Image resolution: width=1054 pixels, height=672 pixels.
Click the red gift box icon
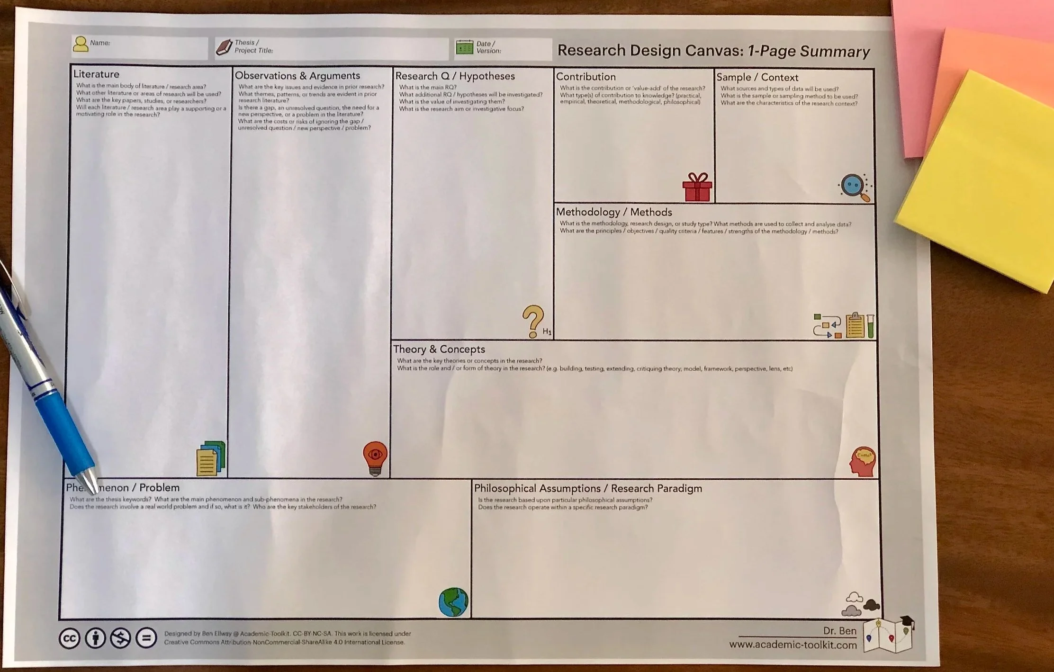click(x=697, y=187)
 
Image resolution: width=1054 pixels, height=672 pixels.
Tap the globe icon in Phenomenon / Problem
click(x=453, y=602)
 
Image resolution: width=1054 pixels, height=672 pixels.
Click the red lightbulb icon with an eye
click(x=375, y=457)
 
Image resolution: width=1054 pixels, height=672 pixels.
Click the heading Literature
click(x=96, y=74)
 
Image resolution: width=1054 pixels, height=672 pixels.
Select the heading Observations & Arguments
click(x=297, y=76)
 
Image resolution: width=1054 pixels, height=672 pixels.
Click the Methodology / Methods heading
click(x=613, y=212)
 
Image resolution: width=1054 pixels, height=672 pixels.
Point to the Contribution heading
click(x=586, y=77)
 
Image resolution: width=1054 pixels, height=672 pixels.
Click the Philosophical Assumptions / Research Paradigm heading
click(x=587, y=488)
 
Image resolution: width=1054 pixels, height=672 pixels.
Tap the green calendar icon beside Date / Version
click(x=464, y=47)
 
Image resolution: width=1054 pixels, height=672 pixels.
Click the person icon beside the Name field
click(x=81, y=44)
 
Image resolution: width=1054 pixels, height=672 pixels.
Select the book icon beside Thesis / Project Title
click(x=224, y=47)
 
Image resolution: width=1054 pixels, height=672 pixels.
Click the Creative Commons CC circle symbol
click(x=69, y=638)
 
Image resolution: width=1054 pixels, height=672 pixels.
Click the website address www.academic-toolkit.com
click(x=793, y=645)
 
